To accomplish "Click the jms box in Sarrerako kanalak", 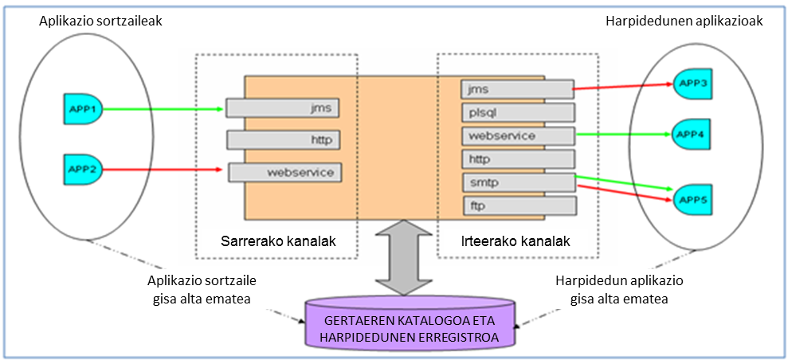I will click(284, 107).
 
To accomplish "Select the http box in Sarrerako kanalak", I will click(284, 140).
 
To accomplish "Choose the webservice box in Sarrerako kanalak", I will click(285, 171).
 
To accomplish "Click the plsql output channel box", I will click(518, 112).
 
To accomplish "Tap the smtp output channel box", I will click(518, 182).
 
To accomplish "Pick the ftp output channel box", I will click(518, 206).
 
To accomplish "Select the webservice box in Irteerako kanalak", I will click(518, 135).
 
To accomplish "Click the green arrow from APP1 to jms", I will click(163, 108).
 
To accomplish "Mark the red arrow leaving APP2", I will click(163, 169).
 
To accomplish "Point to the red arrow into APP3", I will click(621, 85).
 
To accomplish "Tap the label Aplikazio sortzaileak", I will click(100, 22).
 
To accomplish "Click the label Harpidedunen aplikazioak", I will click(684, 22).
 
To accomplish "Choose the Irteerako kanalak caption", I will click(516, 241).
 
